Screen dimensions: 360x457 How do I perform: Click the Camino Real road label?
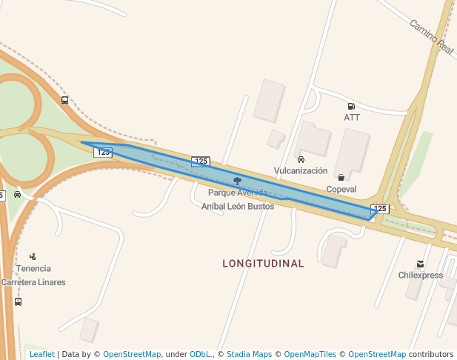(431, 36)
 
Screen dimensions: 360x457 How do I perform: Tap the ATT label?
(352, 118)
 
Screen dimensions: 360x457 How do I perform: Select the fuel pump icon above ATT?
(351, 107)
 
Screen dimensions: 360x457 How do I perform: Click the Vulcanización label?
(301, 170)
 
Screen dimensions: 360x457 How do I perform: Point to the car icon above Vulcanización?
(301, 159)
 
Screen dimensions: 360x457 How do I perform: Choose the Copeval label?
(341, 189)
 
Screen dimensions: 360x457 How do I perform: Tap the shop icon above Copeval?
(341, 178)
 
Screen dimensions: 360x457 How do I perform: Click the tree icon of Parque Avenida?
(237, 181)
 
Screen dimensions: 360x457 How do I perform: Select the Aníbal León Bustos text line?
(238, 207)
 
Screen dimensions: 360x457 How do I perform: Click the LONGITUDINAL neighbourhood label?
(264, 264)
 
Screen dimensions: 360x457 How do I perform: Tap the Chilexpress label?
(421, 276)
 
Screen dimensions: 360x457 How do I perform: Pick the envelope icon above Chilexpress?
(421, 264)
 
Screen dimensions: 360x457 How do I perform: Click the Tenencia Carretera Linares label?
(33, 275)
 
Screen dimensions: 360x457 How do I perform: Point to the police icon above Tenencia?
(33, 256)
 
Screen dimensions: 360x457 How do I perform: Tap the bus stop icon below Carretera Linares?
(18, 301)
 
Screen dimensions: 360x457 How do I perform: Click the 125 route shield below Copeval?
(380, 209)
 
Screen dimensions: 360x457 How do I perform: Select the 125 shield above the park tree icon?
(201, 161)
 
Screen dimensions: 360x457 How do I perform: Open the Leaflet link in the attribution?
(41, 355)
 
